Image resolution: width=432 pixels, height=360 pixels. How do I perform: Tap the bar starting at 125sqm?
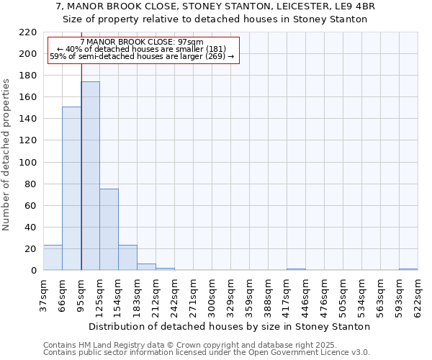click(109, 230)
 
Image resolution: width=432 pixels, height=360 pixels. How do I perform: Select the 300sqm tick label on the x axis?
click(212, 295)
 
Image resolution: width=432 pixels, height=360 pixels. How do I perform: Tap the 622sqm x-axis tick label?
click(418, 295)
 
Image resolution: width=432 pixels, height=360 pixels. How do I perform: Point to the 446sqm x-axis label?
click(305, 295)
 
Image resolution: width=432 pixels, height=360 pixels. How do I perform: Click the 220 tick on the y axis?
click(28, 32)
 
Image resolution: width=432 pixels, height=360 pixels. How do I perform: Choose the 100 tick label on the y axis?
click(28, 163)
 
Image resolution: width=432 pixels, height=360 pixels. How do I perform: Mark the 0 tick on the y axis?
click(34, 271)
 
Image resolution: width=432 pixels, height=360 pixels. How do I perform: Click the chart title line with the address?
click(215, 6)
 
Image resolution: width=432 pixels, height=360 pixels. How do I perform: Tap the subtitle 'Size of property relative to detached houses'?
click(215, 19)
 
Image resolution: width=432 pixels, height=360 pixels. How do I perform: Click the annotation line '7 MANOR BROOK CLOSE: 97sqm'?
click(142, 42)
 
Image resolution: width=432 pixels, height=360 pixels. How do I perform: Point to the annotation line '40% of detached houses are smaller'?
click(142, 49)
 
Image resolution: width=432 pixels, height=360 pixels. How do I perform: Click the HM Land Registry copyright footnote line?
click(206, 345)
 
